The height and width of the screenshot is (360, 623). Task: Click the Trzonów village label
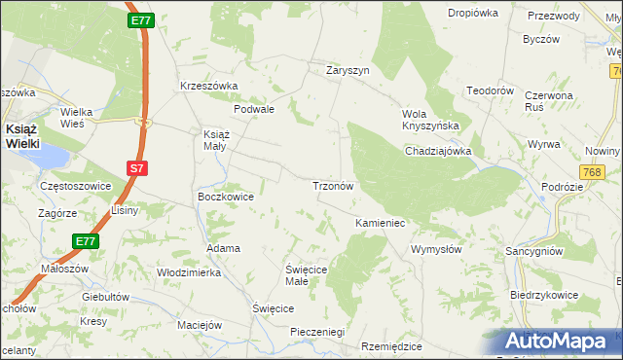(338, 185)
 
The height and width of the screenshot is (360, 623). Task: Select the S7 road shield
(137, 168)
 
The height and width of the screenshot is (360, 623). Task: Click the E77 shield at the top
(140, 18)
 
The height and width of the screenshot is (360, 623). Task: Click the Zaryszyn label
(348, 70)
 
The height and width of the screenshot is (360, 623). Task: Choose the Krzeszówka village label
(209, 86)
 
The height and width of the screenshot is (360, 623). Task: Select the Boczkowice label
(226, 197)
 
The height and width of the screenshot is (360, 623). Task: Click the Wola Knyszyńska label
(430, 120)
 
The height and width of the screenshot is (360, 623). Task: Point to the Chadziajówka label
(438, 151)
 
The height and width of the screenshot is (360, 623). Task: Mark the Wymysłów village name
(436, 249)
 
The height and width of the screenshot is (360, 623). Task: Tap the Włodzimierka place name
(189, 273)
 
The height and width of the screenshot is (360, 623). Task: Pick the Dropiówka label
(473, 13)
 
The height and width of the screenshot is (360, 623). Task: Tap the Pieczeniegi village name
(318, 332)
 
